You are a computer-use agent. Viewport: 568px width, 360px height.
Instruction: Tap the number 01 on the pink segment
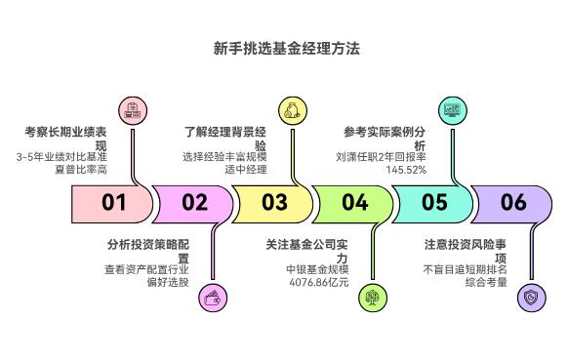pyautogui.click(x=114, y=203)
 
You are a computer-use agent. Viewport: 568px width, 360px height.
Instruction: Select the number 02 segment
pyautogui.click(x=194, y=203)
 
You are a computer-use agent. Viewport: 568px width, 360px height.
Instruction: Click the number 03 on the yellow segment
pyautogui.click(x=274, y=203)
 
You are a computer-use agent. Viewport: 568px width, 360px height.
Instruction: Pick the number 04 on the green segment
pyautogui.click(x=354, y=203)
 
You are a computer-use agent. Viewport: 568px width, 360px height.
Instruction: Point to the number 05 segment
pyautogui.click(x=434, y=203)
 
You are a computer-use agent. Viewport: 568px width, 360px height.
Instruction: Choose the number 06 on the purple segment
pyautogui.click(x=513, y=203)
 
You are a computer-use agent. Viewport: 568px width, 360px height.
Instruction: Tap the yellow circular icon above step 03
pyautogui.click(x=290, y=110)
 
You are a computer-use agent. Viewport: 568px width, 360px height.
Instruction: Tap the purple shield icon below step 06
pyautogui.click(x=530, y=296)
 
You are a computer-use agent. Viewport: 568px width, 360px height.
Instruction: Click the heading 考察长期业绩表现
pyautogui.click(x=66, y=137)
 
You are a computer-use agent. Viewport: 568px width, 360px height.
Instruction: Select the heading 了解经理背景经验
pyautogui.click(x=225, y=137)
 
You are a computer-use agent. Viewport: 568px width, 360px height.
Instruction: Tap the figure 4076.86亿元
pyautogui.click(x=318, y=283)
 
